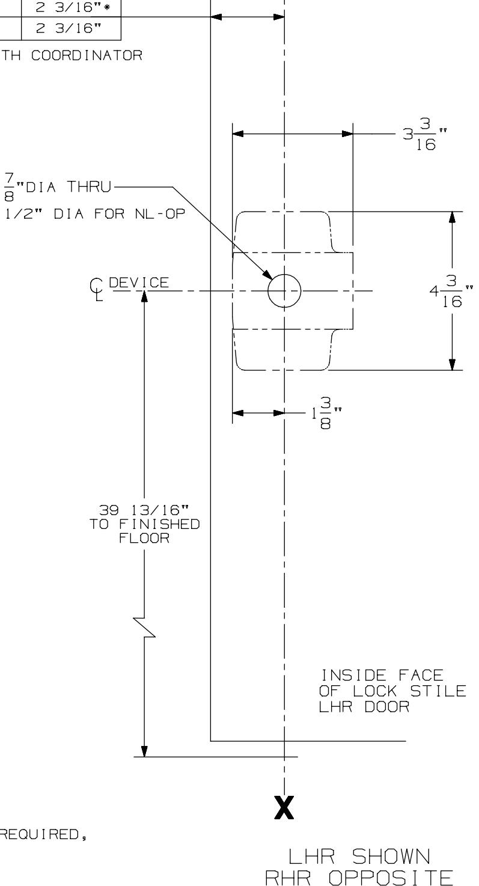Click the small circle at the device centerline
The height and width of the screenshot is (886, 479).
coord(284,291)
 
